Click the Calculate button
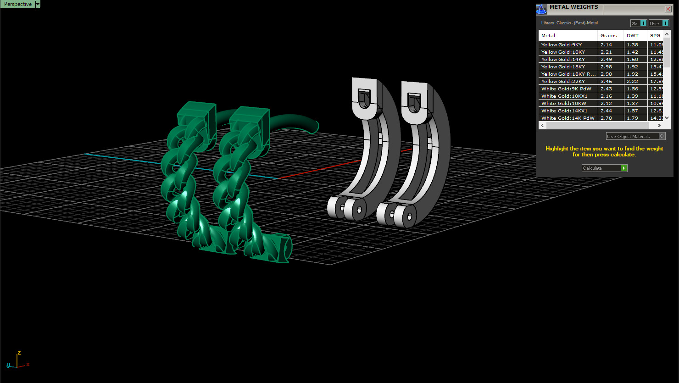tap(604, 168)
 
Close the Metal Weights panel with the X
tap(668, 9)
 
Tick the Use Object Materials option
tap(662, 136)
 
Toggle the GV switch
tap(643, 23)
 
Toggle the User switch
tap(665, 23)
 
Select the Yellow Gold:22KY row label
tap(563, 81)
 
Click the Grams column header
tap(608, 35)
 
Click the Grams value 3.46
tap(606, 81)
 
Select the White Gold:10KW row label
tap(563, 103)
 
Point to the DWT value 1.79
tap(632, 118)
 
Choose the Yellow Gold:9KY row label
tap(561, 44)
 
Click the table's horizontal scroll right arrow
tap(659, 125)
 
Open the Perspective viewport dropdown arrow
tap(38, 4)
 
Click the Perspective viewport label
tap(18, 4)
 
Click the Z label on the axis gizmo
tap(19, 353)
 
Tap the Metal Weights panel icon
tap(541, 9)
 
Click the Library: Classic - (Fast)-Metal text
tap(569, 23)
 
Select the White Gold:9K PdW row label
tap(566, 89)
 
